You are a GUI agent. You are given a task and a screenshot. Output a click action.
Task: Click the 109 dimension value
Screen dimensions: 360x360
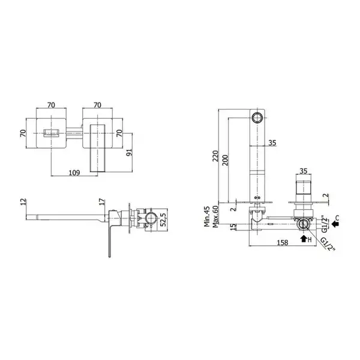coord(74,172)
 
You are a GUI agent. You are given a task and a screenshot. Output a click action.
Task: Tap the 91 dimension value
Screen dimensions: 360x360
coord(129,152)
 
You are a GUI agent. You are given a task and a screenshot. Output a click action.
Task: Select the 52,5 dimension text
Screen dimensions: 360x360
coord(163,220)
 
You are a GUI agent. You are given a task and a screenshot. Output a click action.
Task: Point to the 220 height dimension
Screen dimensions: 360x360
coord(215,156)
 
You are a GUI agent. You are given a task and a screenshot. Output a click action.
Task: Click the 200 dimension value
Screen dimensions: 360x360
coord(225,160)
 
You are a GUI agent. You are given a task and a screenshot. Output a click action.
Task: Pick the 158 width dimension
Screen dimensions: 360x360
coord(283,242)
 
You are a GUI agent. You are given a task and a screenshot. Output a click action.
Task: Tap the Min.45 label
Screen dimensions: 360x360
coord(207,216)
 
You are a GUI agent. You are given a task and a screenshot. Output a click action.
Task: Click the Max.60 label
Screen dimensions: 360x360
coord(215,216)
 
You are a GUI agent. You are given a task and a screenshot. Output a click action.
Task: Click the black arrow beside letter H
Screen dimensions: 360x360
coord(304,239)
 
